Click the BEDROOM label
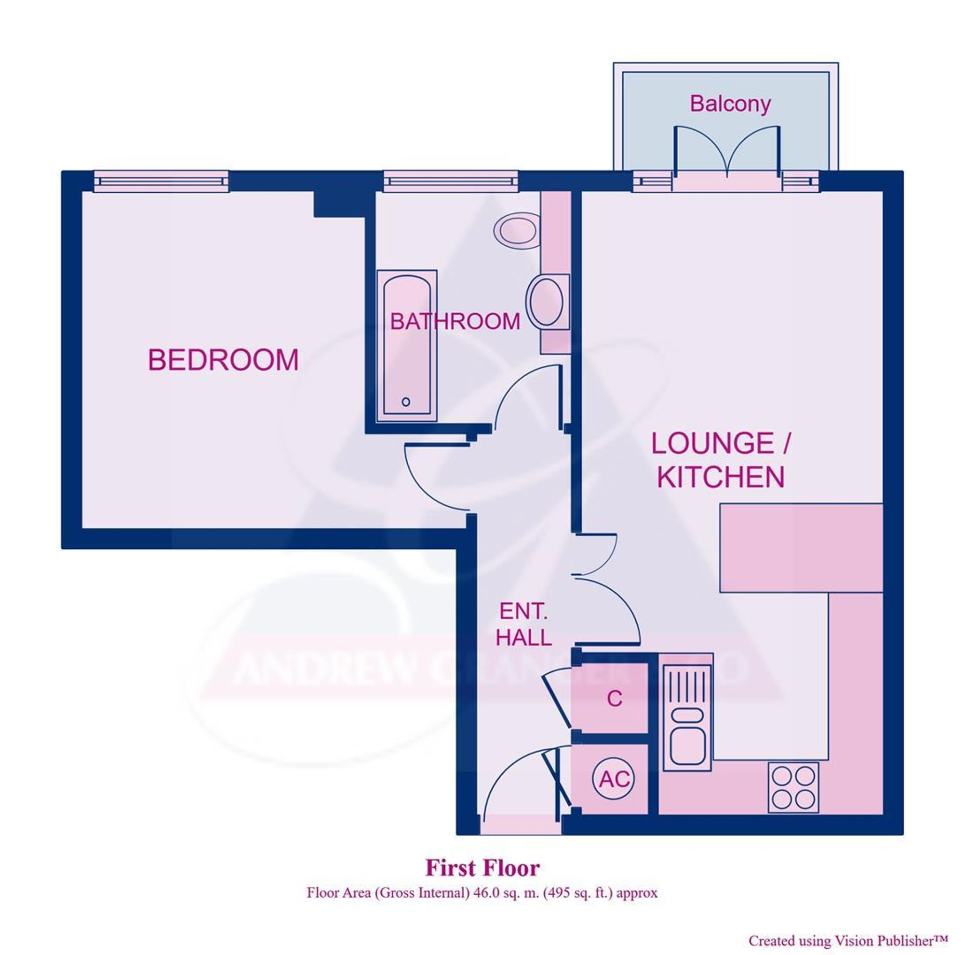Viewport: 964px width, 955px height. [x=223, y=360]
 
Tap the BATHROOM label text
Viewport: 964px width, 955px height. [x=455, y=322]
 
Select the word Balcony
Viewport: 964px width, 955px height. [x=729, y=104]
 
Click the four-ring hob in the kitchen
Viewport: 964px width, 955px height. [x=793, y=787]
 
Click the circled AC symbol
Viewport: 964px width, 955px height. [x=614, y=779]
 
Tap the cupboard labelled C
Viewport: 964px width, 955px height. [x=614, y=699]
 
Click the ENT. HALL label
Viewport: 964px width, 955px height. [x=523, y=624]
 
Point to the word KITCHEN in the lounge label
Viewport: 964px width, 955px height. [x=721, y=477]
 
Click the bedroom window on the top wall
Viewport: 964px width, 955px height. [x=161, y=182]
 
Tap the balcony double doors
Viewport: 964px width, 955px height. [x=727, y=152]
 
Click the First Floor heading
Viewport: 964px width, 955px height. [x=482, y=868]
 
